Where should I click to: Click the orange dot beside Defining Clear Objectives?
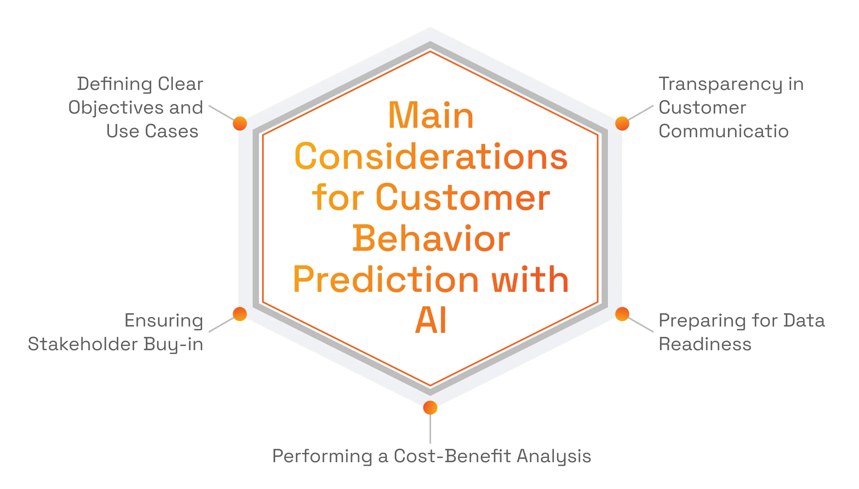pos(240,123)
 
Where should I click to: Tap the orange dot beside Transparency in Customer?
pos(622,123)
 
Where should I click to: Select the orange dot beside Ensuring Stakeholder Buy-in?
pos(240,314)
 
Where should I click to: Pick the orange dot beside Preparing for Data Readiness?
pos(622,314)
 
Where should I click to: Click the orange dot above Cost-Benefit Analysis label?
pos(430,407)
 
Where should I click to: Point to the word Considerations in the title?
pos(431,157)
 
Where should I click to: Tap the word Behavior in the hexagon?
pos(431,239)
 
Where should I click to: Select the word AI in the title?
pos(431,321)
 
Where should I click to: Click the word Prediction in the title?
pos(386,280)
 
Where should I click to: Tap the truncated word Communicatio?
pos(723,131)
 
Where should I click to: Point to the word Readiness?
pos(705,344)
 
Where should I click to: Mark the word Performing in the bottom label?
pos(322,456)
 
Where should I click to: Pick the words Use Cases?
pos(152,131)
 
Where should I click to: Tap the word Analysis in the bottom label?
pos(553,456)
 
